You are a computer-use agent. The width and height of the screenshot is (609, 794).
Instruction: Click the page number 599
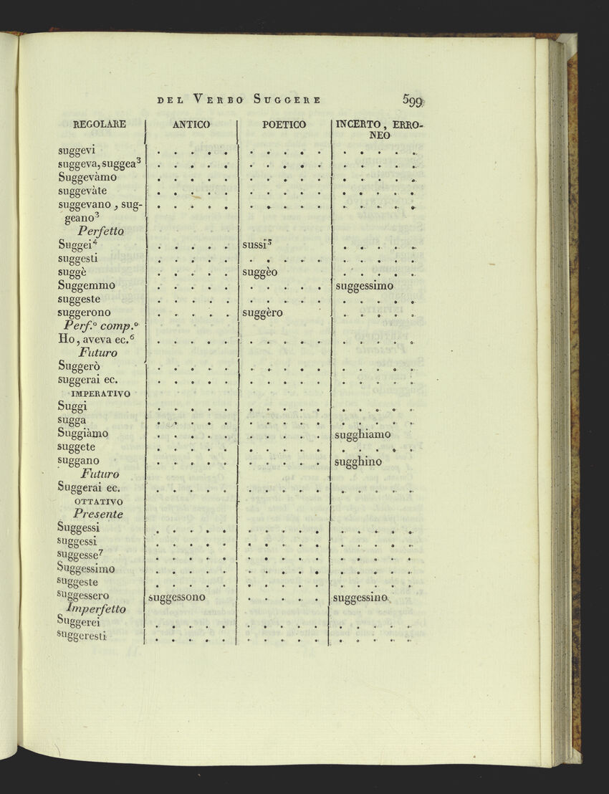click(413, 100)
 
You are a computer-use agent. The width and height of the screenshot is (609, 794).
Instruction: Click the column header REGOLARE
click(100, 124)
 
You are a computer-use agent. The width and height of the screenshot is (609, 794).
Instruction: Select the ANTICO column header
click(191, 125)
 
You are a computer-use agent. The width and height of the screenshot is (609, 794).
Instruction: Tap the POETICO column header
click(284, 125)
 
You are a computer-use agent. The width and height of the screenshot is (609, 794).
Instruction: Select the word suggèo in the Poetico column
click(259, 272)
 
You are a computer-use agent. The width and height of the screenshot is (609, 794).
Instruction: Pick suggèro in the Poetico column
click(262, 313)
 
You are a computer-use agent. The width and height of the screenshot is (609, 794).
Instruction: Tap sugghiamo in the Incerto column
click(363, 434)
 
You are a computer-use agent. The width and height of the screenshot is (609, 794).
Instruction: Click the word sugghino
click(358, 461)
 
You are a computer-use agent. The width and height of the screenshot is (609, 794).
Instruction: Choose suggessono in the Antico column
click(176, 596)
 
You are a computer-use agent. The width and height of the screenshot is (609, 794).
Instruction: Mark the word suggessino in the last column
click(360, 597)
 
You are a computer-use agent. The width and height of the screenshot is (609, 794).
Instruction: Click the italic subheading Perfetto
click(101, 231)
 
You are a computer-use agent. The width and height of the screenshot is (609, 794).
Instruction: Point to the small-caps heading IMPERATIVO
click(100, 393)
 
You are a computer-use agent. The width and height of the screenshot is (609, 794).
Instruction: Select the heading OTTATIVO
click(99, 501)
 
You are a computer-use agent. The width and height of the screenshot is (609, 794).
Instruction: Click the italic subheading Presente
click(98, 514)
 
